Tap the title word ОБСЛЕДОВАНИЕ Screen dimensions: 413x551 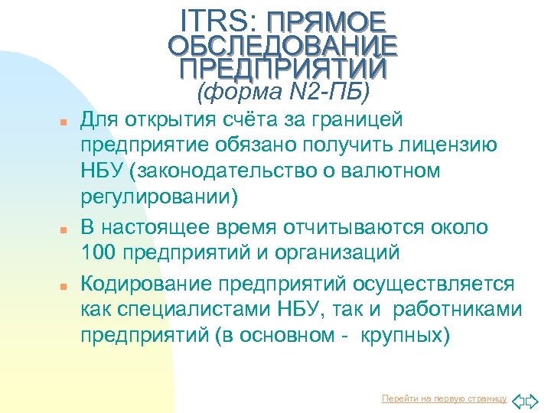click(x=282, y=46)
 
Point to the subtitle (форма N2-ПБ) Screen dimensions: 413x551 click(x=282, y=93)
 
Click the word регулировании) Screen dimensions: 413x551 click(x=160, y=197)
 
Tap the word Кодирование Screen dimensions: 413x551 click(x=147, y=284)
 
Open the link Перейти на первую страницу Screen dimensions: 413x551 click(x=444, y=398)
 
